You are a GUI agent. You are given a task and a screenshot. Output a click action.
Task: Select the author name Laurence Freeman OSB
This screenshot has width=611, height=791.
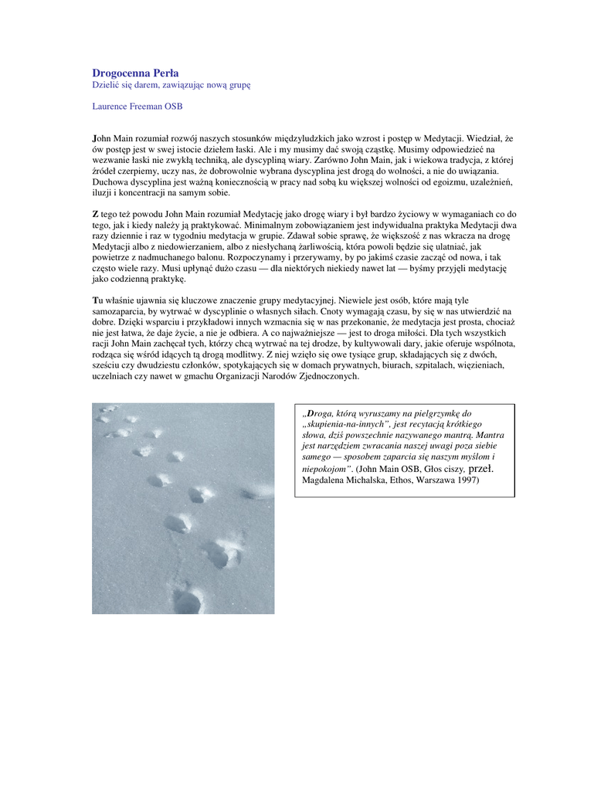137,106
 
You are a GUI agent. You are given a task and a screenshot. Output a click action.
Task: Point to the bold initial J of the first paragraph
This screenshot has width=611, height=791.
94,137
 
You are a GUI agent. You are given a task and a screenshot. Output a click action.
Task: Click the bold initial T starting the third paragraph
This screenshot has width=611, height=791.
95,300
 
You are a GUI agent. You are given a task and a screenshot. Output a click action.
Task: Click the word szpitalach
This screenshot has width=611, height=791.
396,365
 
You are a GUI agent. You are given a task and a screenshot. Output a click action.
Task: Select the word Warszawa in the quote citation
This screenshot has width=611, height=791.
424,480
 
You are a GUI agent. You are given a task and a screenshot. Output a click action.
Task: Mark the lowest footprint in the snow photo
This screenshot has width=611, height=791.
188,599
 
